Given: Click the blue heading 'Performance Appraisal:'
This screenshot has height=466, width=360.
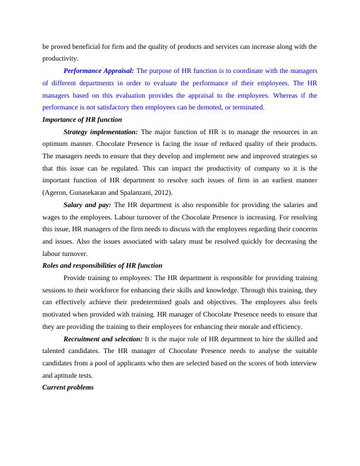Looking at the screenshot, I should pos(98,71).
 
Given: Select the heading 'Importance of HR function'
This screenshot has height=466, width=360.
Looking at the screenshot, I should pos(82,119).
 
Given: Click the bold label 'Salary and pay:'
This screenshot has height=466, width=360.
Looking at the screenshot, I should pos(87,205).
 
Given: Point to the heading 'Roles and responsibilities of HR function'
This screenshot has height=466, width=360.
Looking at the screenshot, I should pos(102,266).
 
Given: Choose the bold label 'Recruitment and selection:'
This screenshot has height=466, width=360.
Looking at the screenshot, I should pos(103,339).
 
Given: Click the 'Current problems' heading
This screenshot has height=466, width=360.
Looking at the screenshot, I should pos(68,388).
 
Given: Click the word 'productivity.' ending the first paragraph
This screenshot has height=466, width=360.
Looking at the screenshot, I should pos(60,58).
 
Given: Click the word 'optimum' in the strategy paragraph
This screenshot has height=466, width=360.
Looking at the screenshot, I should pos(58,144).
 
